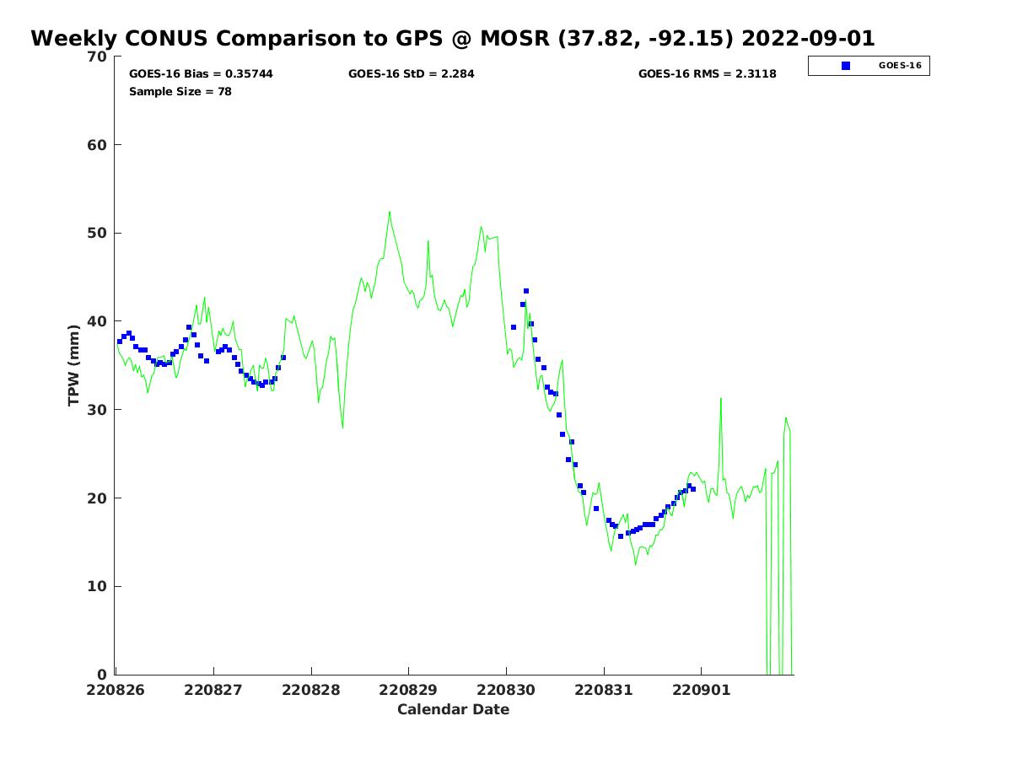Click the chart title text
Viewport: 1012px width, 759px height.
point(453,39)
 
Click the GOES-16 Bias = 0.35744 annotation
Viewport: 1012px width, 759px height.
point(201,74)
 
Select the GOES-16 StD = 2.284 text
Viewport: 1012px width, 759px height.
point(412,74)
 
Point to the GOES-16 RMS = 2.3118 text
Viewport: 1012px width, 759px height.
point(708,74)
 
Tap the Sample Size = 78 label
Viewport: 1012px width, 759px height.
point(180,92)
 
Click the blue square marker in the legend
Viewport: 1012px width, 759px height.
point(846,66)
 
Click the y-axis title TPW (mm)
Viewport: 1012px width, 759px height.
point(74,365)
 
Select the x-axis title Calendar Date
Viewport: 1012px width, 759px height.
point(454,710)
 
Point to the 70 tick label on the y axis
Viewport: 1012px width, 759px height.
point(98,57)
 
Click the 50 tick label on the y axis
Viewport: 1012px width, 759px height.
point(98,233)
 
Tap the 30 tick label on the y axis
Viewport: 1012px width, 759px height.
point(98,410)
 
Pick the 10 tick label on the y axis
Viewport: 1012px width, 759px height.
point(98,586)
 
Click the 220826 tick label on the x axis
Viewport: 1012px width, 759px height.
point(116,690)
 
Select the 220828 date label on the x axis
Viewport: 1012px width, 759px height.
point(311,690)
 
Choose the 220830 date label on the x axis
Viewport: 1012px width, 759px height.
point(506,690)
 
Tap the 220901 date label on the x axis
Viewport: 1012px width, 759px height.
point(701,690)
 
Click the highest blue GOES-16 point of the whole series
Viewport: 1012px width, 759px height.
point(526,291)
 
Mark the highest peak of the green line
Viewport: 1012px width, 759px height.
point(390,212)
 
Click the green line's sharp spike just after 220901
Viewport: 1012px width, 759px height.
point(721,398)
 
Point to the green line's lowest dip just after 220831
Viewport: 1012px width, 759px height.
point(636,564)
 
